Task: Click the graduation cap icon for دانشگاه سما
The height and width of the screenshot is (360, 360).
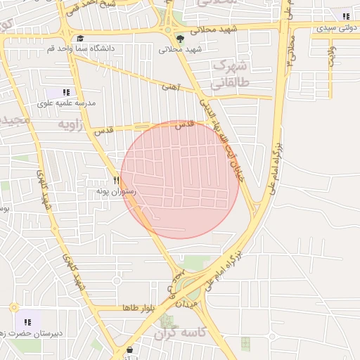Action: (79, 39)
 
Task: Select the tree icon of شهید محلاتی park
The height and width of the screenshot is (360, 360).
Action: (181, 39)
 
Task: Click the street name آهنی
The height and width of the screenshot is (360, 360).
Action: (171, 87)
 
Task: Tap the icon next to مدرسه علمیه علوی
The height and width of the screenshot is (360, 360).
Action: (66, 92)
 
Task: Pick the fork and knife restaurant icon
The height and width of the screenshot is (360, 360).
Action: (117, 181)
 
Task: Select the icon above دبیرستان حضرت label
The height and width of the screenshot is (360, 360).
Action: (28, 322)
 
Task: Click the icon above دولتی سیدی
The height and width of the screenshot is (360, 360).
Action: (345, 16)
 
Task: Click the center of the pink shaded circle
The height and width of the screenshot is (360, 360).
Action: (180, 179)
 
